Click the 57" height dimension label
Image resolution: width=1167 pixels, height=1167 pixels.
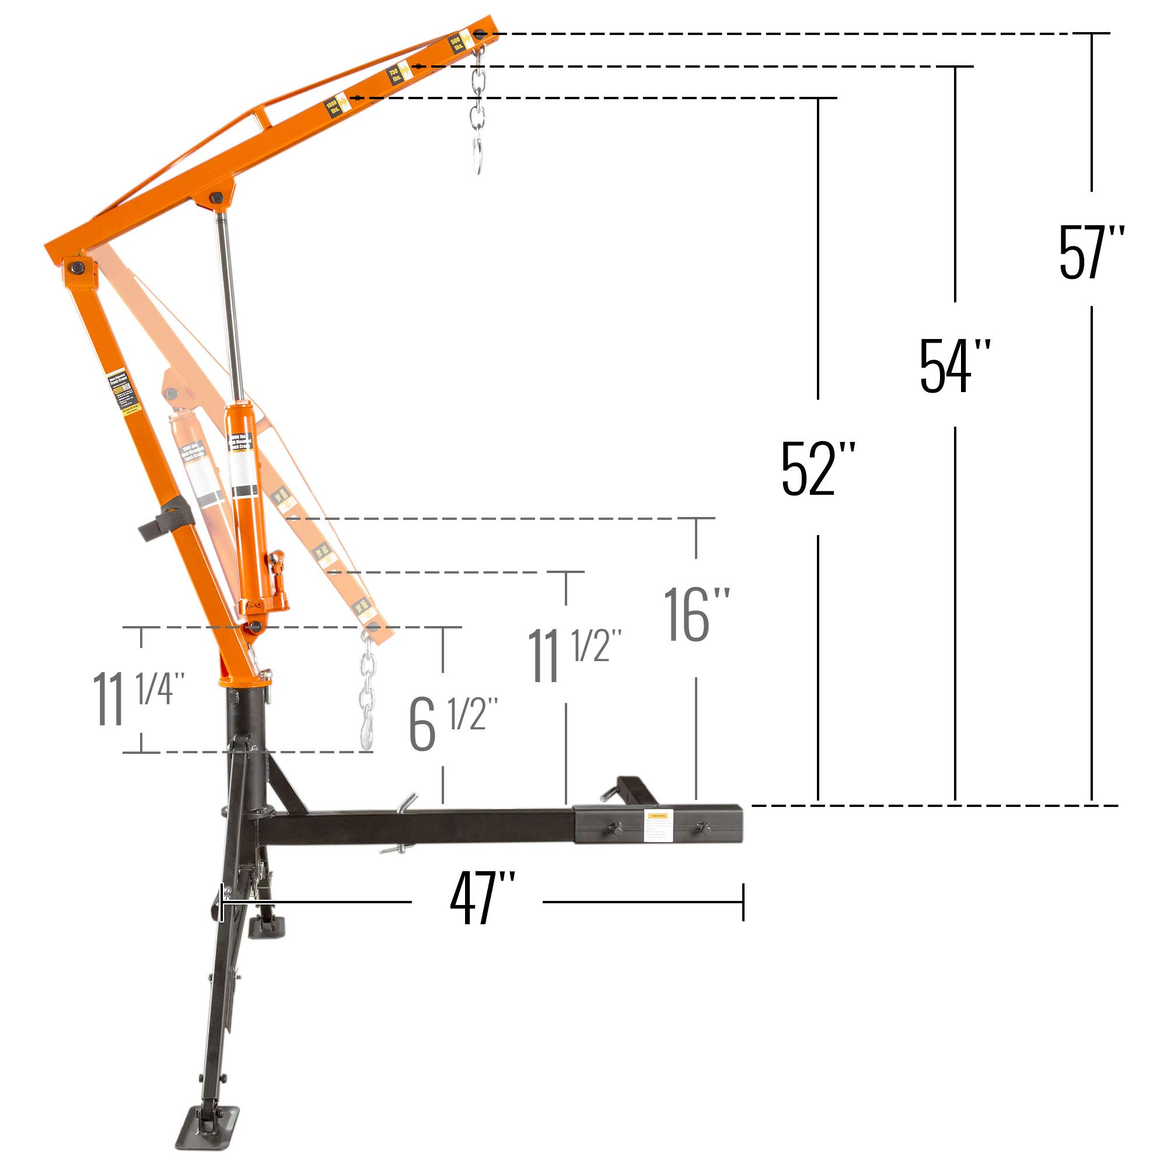pyautogui.click(x=1091, y=252)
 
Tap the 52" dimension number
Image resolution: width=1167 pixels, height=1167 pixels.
pyautogui.click(x=818, y=469)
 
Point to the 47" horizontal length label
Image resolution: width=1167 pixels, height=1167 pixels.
pyautogui.click(x=481, y=903)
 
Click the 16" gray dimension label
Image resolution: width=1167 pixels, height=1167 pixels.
pyautogui.click(x=696, y=615)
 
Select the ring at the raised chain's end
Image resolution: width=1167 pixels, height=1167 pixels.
pyautogui.click(x=478, y=156)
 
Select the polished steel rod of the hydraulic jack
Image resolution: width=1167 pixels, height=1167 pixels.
pyautogui.click(x=230, y=302)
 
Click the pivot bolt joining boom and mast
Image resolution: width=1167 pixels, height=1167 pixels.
pyautogui.click(x=76, y=267)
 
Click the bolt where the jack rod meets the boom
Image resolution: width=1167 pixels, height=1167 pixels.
pyautogui.click(x=216, y=197)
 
